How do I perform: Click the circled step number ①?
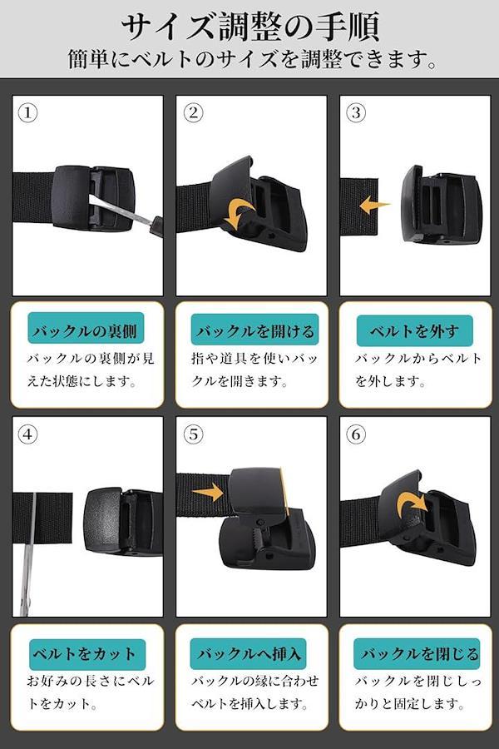[x=27, y=113]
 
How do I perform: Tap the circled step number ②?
[x=193, y=113]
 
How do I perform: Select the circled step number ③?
[x=356, y=113]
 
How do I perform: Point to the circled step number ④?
[x=27, y=434]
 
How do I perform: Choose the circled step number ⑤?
[x=193, y=434]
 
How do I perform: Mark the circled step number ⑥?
[x=356, y=434]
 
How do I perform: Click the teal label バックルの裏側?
[x=86, y=330]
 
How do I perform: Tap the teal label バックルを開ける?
[x=254, y=330]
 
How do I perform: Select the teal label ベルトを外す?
[x=414, y=330]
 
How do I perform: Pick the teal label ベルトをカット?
[x=86, y=654]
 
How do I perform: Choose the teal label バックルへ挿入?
[x=249, y=653]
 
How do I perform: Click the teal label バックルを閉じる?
[x=417, y=653]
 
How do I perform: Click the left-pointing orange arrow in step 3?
[x=374, y=206]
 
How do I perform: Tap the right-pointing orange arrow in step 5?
[x=208, y=493]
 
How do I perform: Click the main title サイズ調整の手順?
[x=250, y=27]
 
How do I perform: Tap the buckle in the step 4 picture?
[x=123, y=521]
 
